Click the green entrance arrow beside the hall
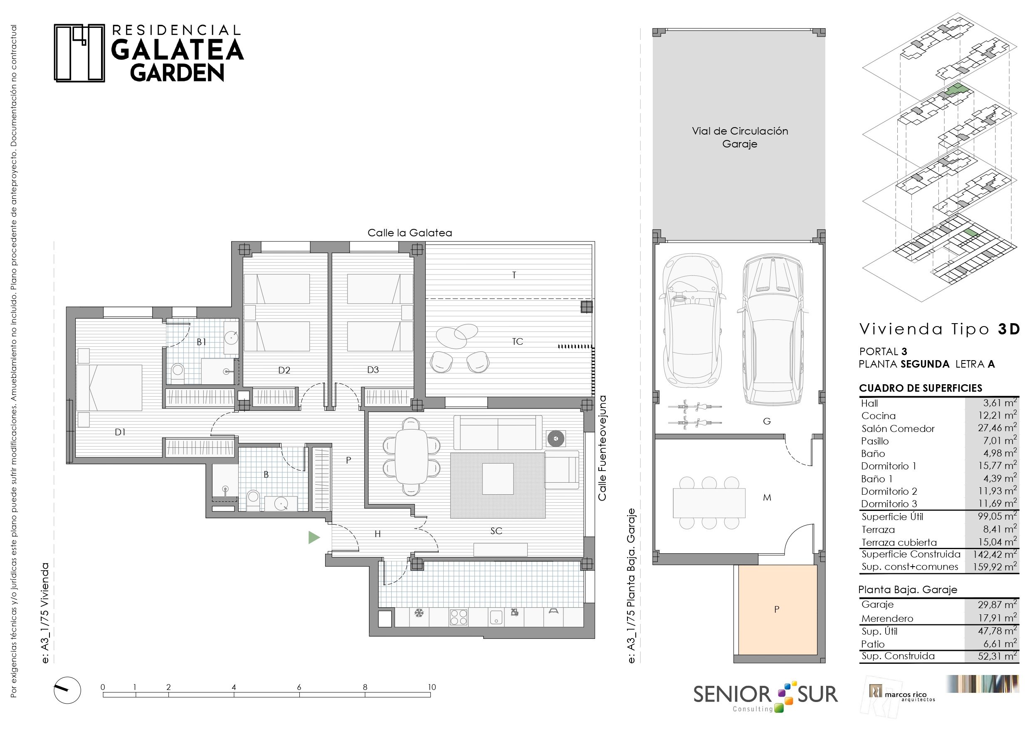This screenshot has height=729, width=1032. coord(313,537)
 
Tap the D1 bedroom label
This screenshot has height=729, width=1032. coord(120,432)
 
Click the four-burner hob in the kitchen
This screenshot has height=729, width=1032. coord(459,617)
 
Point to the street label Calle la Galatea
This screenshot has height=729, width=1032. coord(410,233)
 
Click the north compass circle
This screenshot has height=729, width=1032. coord(67,690)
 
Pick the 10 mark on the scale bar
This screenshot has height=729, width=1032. coord(432,687)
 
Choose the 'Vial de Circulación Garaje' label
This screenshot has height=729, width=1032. coord(740,137)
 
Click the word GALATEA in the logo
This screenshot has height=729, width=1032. coord(178,50)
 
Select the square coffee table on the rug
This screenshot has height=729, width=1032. coord(498,479)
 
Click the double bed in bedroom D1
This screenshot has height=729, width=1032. coord(109,388)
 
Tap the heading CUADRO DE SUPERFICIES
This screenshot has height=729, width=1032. coord(921,388)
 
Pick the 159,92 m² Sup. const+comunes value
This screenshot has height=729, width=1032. coord(995,567)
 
